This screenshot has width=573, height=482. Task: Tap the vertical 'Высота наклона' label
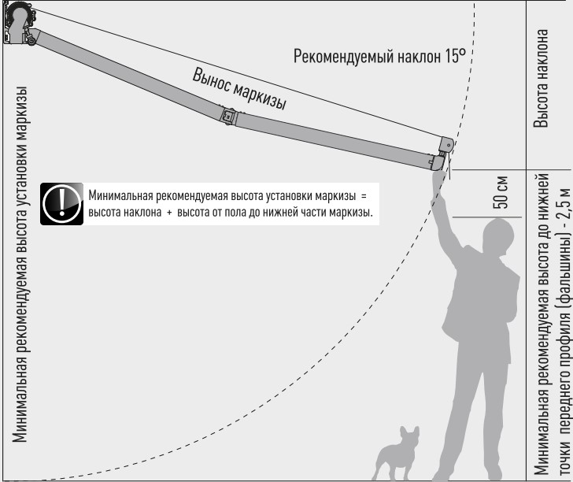point(541,78)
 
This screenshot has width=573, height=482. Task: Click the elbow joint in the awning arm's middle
point(228,115)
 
